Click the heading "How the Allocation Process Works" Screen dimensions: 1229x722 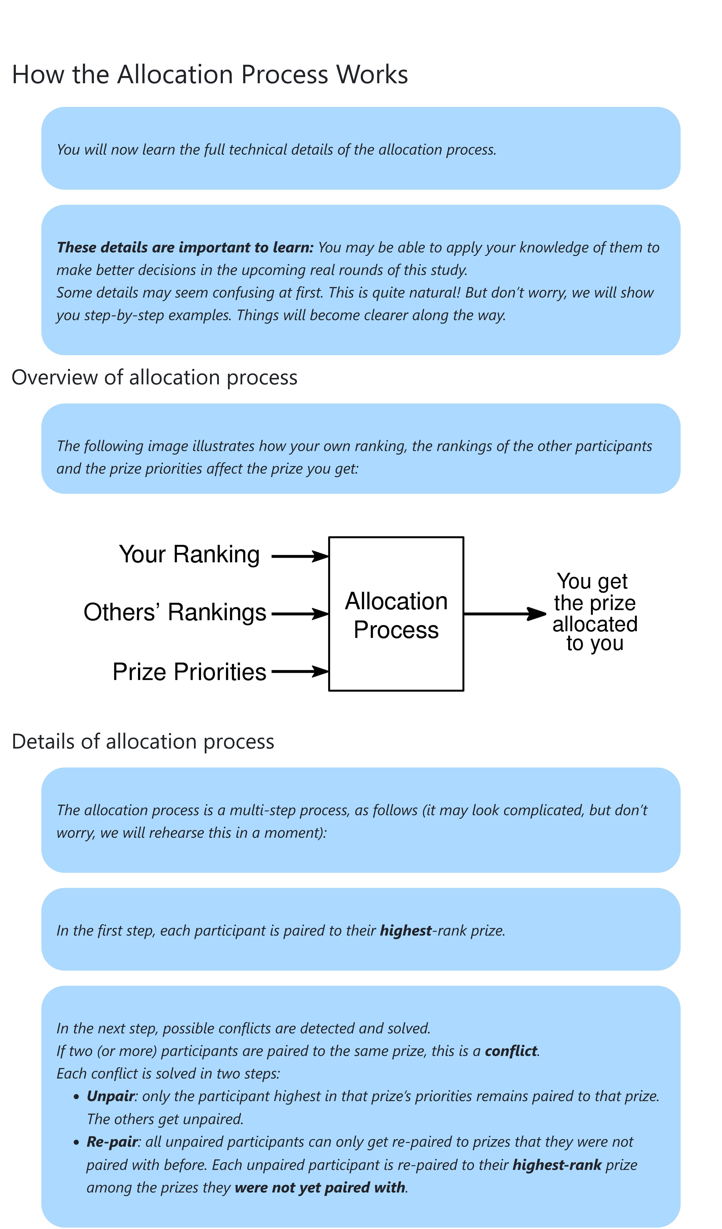click(210, 75)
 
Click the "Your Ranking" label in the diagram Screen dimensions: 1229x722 click(189, 554)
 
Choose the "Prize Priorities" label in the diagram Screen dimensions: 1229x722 click(189, 672)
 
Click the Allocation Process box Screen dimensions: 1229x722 click(396, 614)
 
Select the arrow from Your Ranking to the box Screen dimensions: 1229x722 click(299, 556)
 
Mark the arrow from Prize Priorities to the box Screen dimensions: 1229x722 click(299, 672)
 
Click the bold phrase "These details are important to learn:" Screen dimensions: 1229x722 click(185, 247)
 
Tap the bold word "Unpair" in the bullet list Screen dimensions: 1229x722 click(110, 1096)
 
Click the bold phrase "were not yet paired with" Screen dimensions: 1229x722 click(320, 1188)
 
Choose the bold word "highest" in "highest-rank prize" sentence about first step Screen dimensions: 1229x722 click(406, 931)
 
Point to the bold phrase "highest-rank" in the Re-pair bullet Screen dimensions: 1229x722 click(557, 1165)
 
